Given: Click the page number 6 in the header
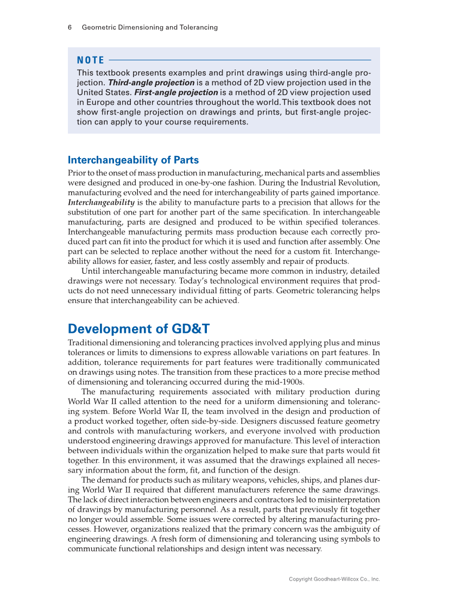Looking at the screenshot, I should coord(70,27).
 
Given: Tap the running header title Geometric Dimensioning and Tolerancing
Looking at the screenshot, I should coord(149,27).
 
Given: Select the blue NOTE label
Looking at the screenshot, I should coord(91,60).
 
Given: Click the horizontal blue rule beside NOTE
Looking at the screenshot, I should coord(239,60).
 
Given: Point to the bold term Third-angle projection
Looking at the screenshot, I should coord(151,83).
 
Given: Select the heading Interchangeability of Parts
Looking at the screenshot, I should coord(133,160).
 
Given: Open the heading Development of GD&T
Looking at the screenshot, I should coord(138,329).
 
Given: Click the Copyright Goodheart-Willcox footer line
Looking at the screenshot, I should coord(334,580).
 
